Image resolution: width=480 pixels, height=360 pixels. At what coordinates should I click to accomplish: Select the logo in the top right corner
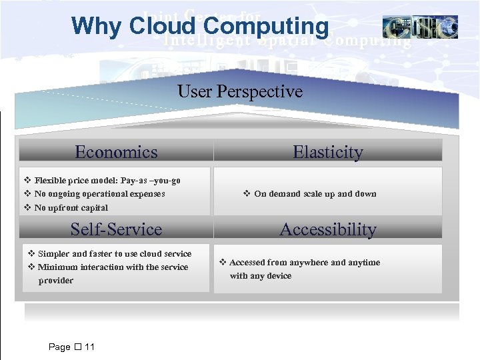point(420,27)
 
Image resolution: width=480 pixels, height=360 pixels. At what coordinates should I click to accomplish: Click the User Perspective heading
point(240,91)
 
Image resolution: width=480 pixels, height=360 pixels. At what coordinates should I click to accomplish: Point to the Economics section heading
point(116,152)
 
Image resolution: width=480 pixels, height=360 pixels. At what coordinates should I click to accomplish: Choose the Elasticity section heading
point(328,152)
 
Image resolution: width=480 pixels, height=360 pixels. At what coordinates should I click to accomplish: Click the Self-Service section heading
point(116,229)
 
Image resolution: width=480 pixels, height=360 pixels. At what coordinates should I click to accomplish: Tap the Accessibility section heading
point(328,229)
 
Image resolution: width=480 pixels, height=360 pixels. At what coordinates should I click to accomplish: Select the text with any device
point(261,276)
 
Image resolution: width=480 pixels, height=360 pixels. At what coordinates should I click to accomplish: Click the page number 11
point(89,347)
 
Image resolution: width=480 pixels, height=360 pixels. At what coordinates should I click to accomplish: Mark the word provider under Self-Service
point(56,281)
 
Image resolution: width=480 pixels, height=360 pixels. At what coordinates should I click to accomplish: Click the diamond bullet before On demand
point(247,194)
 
